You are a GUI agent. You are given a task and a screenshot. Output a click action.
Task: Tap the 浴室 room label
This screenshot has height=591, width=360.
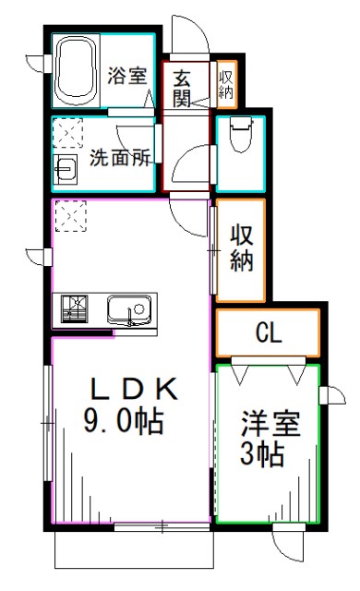tap(127, 75)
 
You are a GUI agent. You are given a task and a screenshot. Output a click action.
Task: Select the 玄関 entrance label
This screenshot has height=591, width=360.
tap(182, 85)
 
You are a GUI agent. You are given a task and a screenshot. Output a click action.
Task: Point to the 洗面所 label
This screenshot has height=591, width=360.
tap(120, 158)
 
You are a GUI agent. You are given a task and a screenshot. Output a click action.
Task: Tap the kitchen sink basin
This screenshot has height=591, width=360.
tap(127, 308)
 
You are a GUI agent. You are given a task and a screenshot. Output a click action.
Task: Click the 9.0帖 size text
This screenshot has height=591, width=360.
tap(125, 423)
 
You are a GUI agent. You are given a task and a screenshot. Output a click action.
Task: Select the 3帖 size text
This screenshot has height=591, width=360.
tap(264, 455)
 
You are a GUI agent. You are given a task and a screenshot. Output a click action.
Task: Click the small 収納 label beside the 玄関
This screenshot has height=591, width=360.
tap(226, 84)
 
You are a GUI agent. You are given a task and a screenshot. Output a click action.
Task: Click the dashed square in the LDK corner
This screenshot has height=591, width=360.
tap(70, 216)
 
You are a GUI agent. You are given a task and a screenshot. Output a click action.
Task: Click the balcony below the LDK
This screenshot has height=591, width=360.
tap(135, 551)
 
